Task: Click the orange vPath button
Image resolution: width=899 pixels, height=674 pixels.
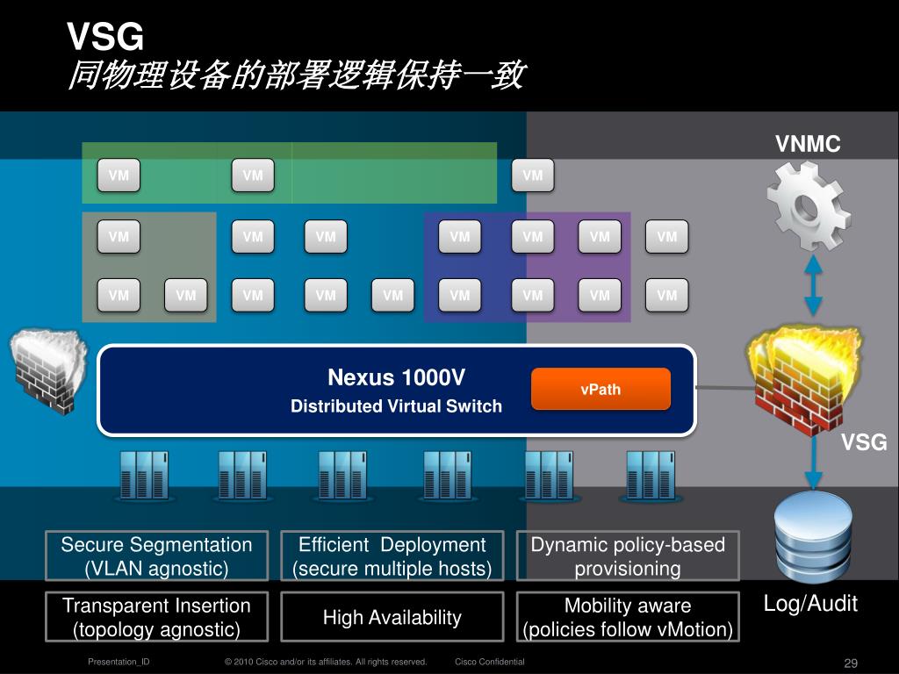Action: (601, 389)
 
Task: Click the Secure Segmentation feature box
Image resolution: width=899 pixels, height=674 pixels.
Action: (156, 556)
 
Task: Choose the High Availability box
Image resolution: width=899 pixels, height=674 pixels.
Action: (392, 618)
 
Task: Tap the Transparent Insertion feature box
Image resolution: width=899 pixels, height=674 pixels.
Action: (156, 617)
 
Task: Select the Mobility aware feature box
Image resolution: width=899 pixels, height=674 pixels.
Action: (627, 617)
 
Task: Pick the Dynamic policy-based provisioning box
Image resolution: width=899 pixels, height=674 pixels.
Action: (627, 556)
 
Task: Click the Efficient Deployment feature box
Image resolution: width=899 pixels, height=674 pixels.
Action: (392, 556)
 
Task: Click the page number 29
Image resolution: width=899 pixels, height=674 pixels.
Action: (850, 663)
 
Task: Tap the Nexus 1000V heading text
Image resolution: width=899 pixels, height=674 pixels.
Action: (396, 378)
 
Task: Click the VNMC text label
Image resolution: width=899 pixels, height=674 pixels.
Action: (808, 144)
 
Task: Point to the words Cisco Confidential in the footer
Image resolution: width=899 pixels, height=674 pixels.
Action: (489, 662)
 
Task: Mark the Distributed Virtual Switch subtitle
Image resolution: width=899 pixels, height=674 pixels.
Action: (396, 406)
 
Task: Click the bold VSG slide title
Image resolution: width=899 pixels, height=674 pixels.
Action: (104, 38)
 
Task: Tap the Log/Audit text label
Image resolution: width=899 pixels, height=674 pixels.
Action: (810, 603)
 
